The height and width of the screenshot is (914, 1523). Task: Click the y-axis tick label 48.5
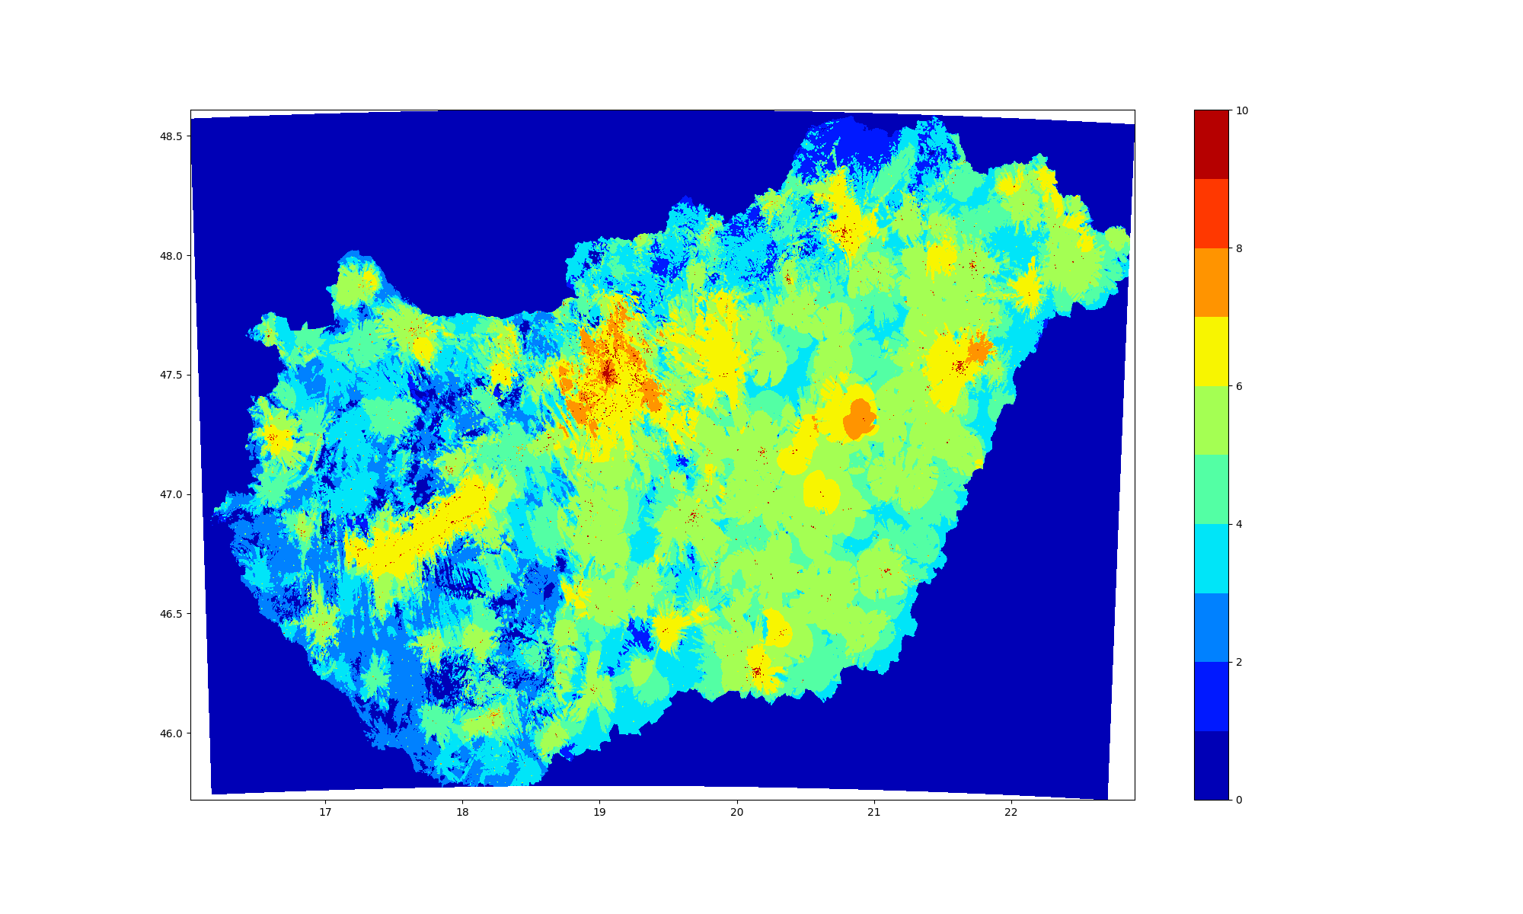[x=171, y=136]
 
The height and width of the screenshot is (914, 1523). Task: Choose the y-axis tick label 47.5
[x=171, y=375]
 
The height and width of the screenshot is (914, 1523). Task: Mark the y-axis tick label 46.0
[x=171, y=733]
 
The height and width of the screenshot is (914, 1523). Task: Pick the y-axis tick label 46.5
[x=171, y=614]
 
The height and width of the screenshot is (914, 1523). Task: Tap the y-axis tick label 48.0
[x=171, y=256]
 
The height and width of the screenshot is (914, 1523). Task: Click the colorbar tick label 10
[x=1242, y=110]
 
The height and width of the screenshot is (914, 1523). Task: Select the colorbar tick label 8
[x=1239, y=248]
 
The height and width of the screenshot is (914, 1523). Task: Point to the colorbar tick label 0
[x=1239, y=800]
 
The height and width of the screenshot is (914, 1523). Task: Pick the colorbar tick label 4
[x=1239, y=524]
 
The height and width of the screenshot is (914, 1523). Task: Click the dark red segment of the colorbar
[x=1211, y=145]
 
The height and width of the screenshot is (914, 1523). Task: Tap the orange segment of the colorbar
[x=1211, y=283]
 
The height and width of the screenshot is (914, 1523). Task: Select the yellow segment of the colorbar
[x=1211, y=351]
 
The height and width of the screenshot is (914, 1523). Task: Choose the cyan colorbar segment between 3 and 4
[x=1211, y=558]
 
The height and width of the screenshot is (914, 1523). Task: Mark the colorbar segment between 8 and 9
[x=1211, y=213]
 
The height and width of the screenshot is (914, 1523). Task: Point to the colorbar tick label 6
[x=1239, y=386]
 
